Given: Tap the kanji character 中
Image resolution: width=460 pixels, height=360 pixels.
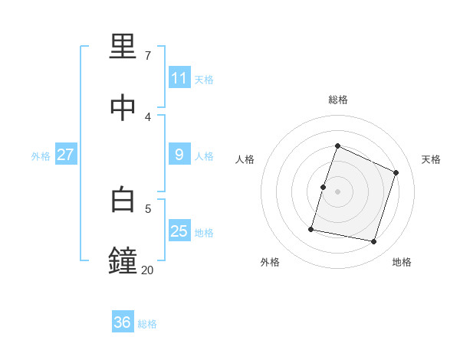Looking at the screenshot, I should coord(123,109).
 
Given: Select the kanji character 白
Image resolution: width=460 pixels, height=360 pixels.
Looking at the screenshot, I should coord(123,200).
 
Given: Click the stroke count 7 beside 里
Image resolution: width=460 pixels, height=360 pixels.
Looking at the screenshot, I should coord(147,56).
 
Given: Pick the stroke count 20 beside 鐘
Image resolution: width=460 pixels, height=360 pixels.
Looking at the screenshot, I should coord(147,270).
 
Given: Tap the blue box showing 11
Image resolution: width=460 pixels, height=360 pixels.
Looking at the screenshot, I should coord(179,78).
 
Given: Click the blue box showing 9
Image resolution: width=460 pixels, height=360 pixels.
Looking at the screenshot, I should coord(179,155).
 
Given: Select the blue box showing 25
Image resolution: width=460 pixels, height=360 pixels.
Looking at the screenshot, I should coord(179,231).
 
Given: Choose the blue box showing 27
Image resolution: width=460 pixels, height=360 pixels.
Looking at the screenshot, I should coord(66,155).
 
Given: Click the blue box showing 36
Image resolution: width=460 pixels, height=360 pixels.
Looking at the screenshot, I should coord(123,322).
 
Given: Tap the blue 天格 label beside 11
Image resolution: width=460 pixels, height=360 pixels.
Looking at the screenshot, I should coord(204,79).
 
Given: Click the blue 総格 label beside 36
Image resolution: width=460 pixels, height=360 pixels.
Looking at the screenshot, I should coord(147,324).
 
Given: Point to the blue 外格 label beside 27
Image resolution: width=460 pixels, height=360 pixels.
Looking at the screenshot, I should coord(41,155).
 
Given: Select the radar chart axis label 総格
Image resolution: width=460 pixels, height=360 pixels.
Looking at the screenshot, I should coord(337,100).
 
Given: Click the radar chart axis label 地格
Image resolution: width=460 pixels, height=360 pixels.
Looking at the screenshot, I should coord(402,262).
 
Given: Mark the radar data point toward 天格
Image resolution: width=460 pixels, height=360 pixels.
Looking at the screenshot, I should coord(396,172).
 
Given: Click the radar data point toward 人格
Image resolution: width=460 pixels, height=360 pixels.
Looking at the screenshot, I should coord(323,187).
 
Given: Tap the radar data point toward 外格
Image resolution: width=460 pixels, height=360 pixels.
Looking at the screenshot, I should coord(311,228).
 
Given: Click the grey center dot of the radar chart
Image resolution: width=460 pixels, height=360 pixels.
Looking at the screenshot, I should coord(337,191).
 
